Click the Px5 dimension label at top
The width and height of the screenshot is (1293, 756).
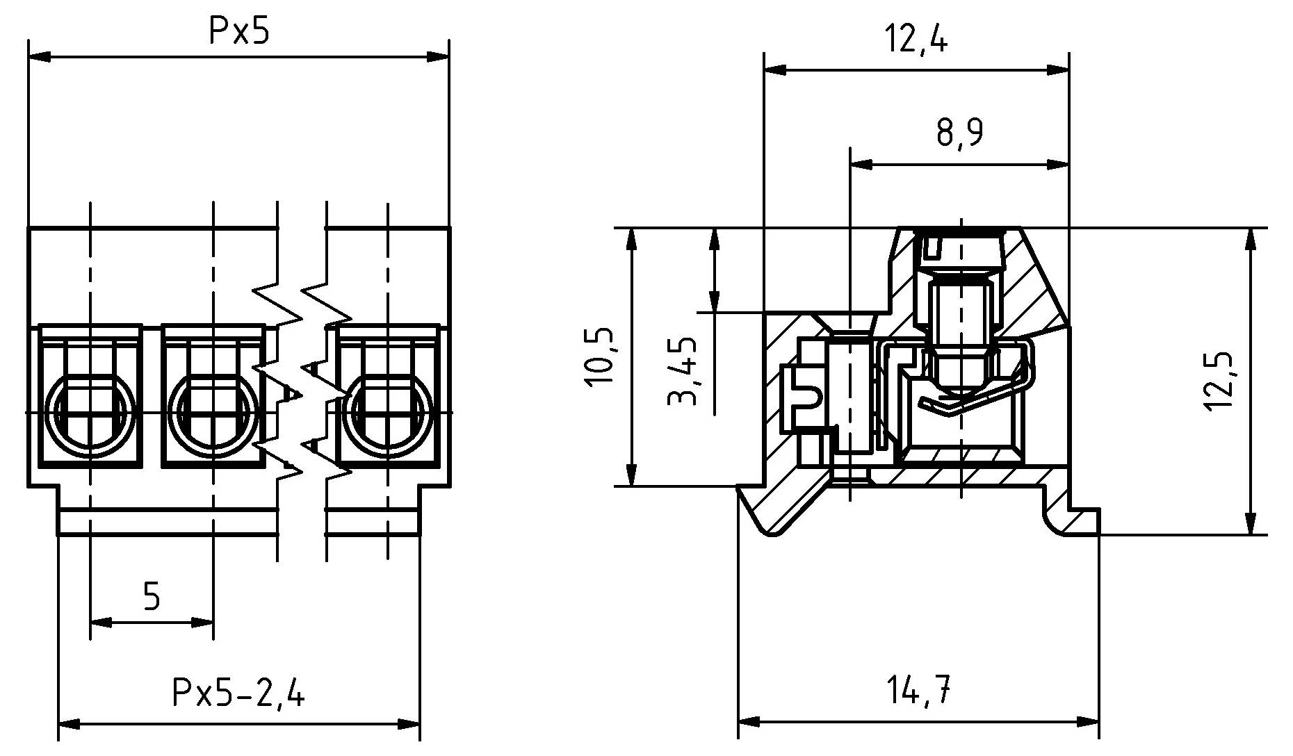pyautogui.click(x=238, y=32)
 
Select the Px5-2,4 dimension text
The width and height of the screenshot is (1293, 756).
pyautogui.click(x=238, y=693)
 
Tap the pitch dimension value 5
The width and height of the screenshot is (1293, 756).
pyautogui.click(x=152, y=596)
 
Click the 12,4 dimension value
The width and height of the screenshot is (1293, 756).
pyautogui.click(x=916, y=40)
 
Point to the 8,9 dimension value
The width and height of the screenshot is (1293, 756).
pyautogui.click(x=959, y=133)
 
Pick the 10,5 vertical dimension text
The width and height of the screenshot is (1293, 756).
pyautogui.click(x=599, y=356)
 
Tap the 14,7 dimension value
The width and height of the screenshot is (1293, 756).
pyautogui.click(x=918, y=691)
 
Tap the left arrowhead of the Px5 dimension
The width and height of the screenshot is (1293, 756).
pyautogui.click(x=39, y=56)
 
